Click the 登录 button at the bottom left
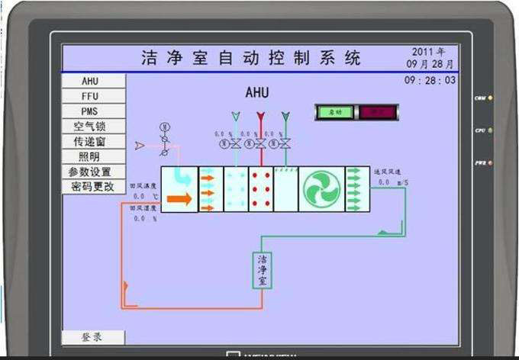[x=92, y=336]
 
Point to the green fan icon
[x=321, y=189]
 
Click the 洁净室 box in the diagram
[x=262, y=270]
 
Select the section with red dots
[x=261, y=189]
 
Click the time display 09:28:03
[x=430, y=80]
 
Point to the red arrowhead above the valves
[x=260, y=117]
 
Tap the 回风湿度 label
[x=143, y=207]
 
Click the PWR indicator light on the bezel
[x=491, y=162]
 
